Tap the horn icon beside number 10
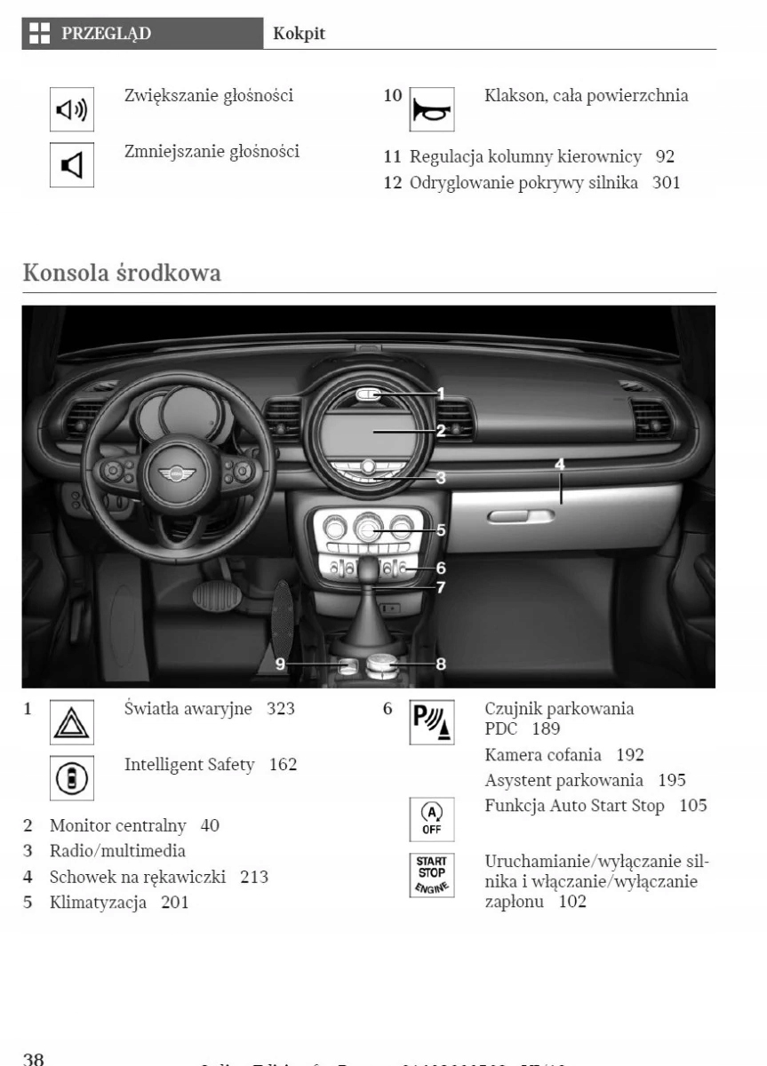click(431, 110)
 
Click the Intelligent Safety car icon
click(71, 779)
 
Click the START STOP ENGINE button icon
click(431, 874)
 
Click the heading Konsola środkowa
click(122, 273)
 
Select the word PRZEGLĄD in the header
click(106, 34)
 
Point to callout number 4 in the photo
click(560, 464)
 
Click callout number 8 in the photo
click(441, 663)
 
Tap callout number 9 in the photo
click(279, 663)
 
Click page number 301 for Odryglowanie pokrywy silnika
click(666, 184)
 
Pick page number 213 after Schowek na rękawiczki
click(254, 877)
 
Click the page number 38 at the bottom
click(34, 1058)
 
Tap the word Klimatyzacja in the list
click(98, 903)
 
